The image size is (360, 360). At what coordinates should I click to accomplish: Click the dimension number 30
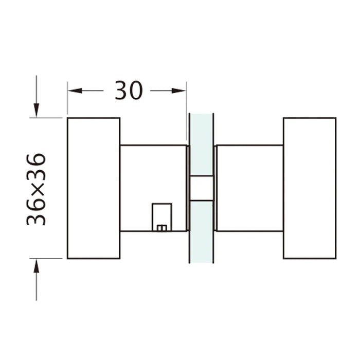(x=128, y=91)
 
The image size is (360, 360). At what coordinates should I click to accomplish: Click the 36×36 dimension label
(x=37, y=189)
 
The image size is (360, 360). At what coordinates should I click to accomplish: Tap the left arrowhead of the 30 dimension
(x=75, y=91)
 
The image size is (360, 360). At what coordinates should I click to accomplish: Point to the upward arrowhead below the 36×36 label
(x=37, y=266)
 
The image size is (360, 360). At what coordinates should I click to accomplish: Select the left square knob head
(x=94, y=188)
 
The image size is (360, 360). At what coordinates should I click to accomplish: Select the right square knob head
(x=310, y=188)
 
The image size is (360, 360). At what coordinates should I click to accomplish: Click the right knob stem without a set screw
(x=250, y=188)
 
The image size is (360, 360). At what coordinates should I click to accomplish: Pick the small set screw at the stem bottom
(x=161, y=227)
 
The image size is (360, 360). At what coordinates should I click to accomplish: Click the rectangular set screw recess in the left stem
(x=161, y=215)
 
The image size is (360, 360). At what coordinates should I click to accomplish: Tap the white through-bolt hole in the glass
(x=201, y=188)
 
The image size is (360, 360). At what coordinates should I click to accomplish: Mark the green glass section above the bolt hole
(x=201, y=144)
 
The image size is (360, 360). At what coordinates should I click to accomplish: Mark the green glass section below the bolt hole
(x=201, y=231)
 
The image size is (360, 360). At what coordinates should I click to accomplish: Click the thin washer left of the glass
(x=188, y=188)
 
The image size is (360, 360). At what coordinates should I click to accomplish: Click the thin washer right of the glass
(x=215, y=188)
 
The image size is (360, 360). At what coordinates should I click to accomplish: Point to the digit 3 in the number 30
(x=121, y=91)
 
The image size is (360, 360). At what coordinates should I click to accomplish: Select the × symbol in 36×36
(x=37, y=189)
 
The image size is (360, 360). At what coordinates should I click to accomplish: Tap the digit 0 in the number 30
(x=136, y=91)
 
